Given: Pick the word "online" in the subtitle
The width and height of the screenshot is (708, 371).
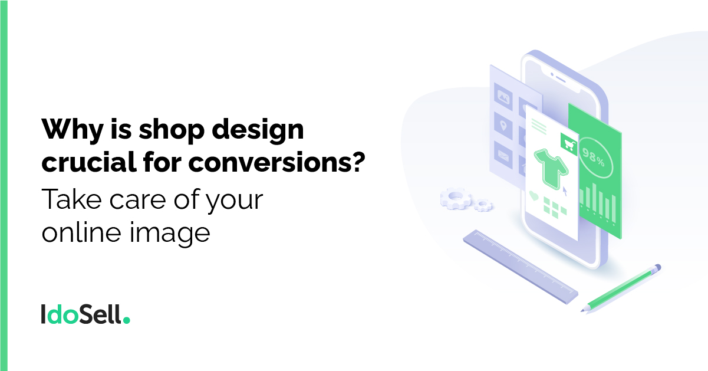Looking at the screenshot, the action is (81, 232).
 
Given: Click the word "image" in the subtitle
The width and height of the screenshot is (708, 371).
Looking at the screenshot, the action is (170, 234).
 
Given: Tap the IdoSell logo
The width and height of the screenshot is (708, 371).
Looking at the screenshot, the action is (85, 314).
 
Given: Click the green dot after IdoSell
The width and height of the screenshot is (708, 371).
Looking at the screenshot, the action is (126, 320).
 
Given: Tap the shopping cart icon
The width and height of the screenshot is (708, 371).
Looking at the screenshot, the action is (569, 145).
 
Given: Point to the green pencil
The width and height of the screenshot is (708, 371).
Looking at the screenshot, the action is (620, 289).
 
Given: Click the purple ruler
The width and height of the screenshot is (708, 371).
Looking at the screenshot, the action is (521, 267).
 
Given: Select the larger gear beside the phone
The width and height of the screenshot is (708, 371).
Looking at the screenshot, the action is (456, 198).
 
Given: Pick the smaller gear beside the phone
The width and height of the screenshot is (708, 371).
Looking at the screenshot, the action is (483, 205).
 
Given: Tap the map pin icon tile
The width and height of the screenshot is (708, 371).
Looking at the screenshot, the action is (503, 126).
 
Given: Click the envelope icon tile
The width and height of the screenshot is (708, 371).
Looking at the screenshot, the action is (503, 155).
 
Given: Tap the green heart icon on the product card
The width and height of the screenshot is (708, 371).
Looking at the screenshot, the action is (534, 196).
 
